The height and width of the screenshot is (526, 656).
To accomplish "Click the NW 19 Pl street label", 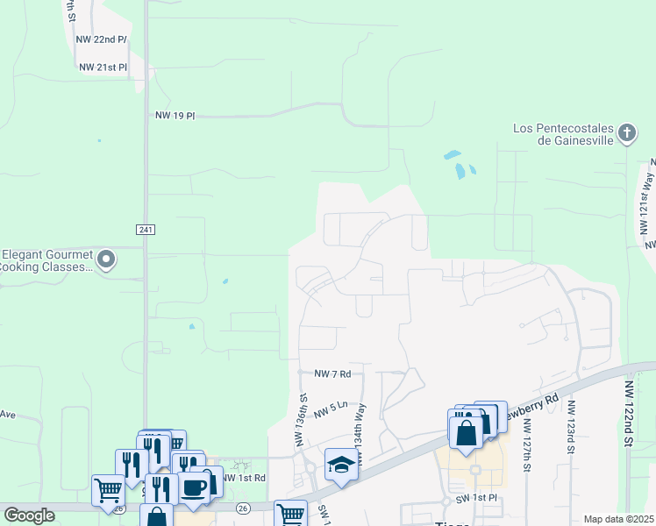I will tap(174, 115).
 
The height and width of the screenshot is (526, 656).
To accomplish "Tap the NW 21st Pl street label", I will tap(103, 67).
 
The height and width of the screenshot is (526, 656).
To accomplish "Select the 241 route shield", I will tap(146, 229).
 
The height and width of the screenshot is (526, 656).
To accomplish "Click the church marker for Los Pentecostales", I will tap(626, 133).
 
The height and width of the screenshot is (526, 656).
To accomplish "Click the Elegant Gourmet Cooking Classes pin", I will tap(106, 259).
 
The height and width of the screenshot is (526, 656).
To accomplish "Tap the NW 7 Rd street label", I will tap(325, 373).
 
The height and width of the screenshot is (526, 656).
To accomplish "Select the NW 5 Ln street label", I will tap(332, 408).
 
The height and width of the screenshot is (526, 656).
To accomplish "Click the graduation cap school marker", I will tap(340, 465).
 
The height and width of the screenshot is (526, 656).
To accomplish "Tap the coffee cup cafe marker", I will tap(194, 487).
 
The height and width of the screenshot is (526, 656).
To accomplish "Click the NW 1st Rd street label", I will tap(244, 478).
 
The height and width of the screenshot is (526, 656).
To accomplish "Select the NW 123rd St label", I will tap(571, 427).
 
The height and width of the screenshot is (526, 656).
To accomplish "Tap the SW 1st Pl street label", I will tap(476, 498).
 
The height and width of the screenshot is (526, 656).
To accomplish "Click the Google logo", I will tap(29, 515).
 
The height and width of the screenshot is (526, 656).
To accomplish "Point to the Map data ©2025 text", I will tap(617, 519).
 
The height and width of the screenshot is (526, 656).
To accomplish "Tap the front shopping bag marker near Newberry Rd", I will tap(465, 432).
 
